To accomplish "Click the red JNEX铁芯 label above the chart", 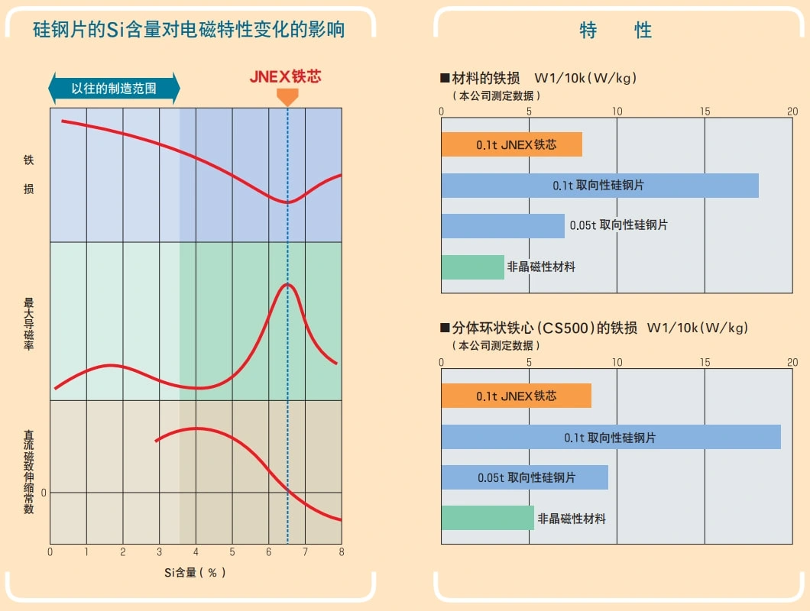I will (285, 77).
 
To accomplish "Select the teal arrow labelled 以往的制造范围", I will (114, 89).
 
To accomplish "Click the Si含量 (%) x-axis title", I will (195, 572).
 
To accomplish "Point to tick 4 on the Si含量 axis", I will (196, 551).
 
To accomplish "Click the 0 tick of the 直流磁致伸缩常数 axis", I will (44, 493).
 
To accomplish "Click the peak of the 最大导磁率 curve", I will (287, 284).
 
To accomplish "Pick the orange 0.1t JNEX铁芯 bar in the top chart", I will (511, 144).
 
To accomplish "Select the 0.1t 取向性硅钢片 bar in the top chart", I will (599, 186).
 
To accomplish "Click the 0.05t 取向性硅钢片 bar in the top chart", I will (502, 225).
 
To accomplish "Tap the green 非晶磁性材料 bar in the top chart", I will (472, 267).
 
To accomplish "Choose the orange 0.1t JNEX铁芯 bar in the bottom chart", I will (516, 396).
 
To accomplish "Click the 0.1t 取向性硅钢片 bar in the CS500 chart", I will (611, 437).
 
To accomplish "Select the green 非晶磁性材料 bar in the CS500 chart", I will (487, 518).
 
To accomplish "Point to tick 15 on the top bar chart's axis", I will (705, 112).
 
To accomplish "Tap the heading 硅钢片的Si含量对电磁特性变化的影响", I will (189, 30).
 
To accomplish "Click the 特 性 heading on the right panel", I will (615, 31).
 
